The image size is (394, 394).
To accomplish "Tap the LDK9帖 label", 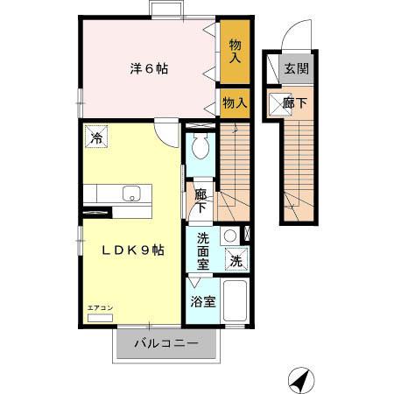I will pyautogui.click(x=133, y=250).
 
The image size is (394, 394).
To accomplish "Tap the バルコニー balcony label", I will pyautogui.click(x=166, y=343).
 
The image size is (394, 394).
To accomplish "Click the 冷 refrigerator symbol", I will pyautogui.click(x=97, y=138).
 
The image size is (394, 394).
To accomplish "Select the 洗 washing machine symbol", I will pyautogui.click(x=237, y=260).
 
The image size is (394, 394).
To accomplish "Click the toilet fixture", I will pyautogui.click(x=201, y=148).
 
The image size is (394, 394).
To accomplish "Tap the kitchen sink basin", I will pyautogui.click(x=131, y=194).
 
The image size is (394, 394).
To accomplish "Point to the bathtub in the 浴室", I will pyautogui.click(x=236, y=303).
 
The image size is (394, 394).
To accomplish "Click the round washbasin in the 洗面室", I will pyautogui.click(x=229, y=235).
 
